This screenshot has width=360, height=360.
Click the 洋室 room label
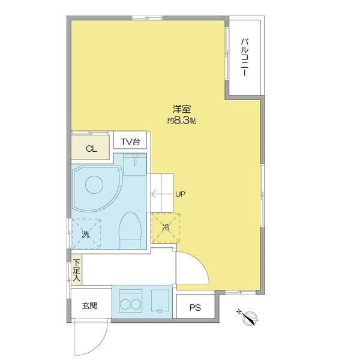click(182, 109)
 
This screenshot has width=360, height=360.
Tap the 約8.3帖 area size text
click(182, 121)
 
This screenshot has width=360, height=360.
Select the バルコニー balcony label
click(244, 58)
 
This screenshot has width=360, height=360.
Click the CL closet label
click(91, 149)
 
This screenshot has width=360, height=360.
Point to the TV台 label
click(130, 142)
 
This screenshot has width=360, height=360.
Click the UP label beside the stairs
click(180, 194)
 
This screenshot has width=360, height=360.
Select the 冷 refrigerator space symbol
click(166, 228)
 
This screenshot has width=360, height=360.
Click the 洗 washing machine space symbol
click(86, 234)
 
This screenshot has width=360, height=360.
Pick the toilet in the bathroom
click(130, 230)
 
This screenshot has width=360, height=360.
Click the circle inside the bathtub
click(94, 185)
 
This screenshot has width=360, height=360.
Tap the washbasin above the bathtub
click(135, 164)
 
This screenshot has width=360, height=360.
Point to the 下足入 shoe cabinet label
click(76, 270)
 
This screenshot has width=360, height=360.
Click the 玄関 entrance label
click(90, 305)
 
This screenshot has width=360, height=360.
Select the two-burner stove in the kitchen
click(131, 301)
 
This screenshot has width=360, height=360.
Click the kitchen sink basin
click(160, 301)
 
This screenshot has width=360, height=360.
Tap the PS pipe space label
click(195, 307)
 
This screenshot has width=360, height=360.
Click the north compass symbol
click(250, 317)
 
